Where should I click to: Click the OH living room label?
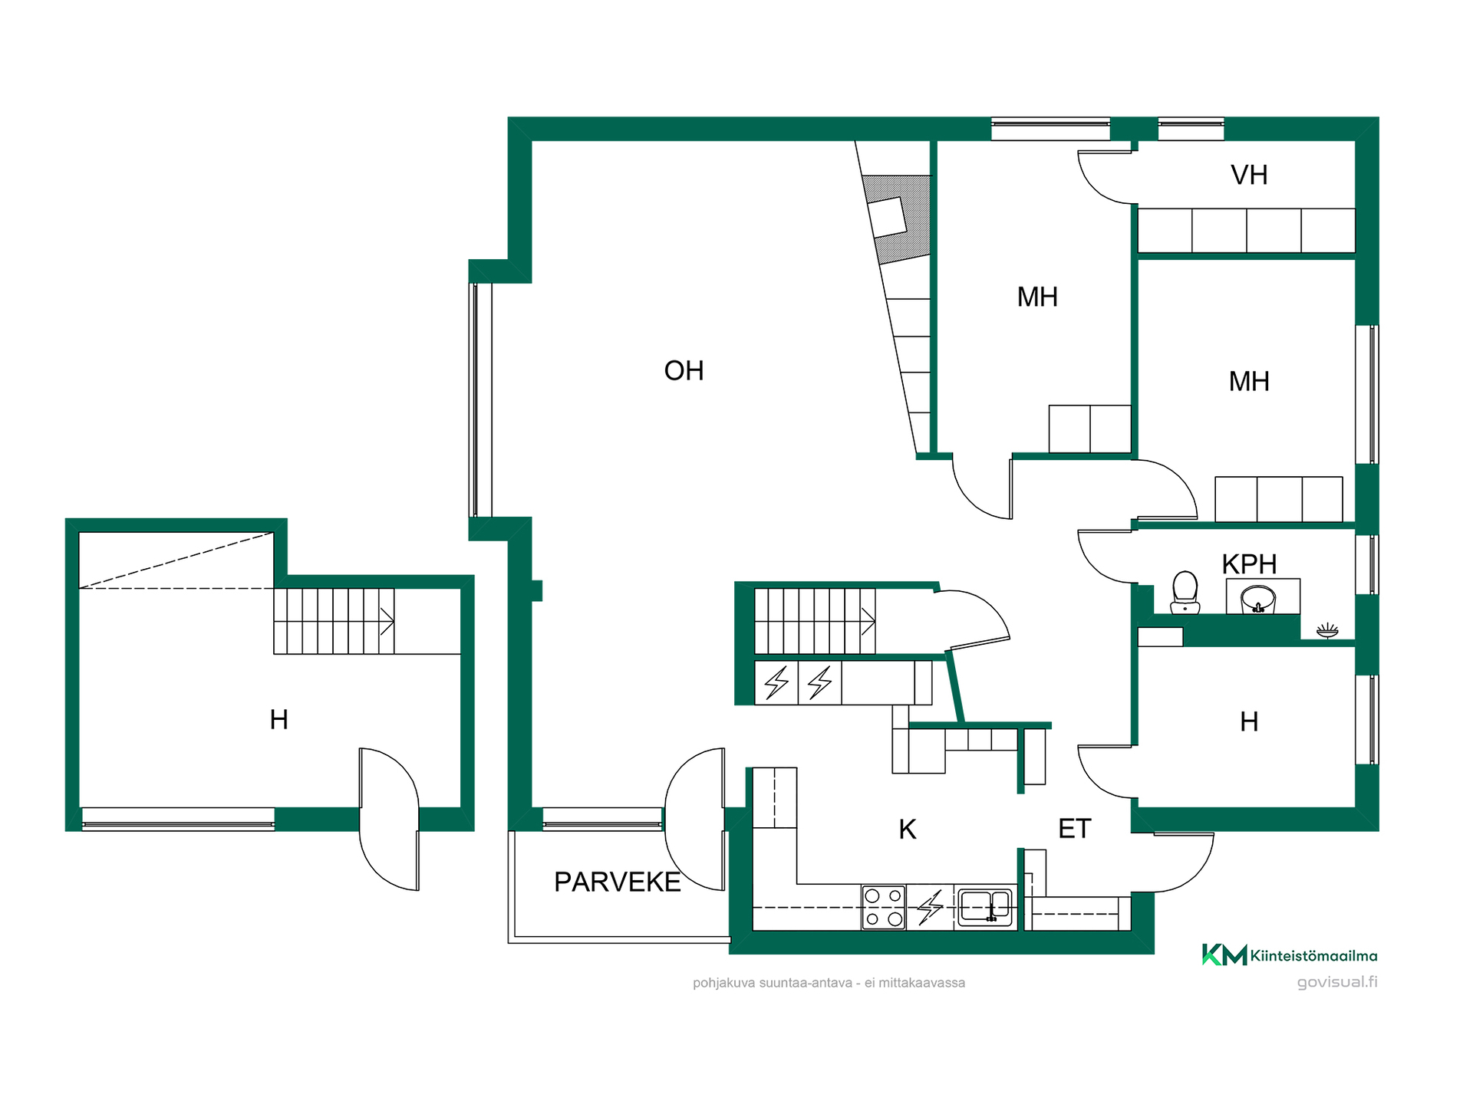[684, 371]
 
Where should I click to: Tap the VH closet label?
[1249, 176]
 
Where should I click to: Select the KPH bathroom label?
[1249, 564]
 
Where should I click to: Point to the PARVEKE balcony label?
[617, 882]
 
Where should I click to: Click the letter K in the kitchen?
[908, 830]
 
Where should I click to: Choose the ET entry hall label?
[1074, 829]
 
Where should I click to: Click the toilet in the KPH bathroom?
[1185, 592]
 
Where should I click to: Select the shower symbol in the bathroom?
[1327, 632]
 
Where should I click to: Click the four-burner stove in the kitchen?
[884, 907]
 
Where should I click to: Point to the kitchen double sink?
[985, 906]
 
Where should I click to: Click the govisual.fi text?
[1337, 982]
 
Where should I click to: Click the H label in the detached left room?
[279, 720]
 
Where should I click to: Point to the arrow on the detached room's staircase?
[387, 621]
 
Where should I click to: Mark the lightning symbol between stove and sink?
[931, 907]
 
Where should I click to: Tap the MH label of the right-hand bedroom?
[1249, 382]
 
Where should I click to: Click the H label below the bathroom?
[1249, 721]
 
